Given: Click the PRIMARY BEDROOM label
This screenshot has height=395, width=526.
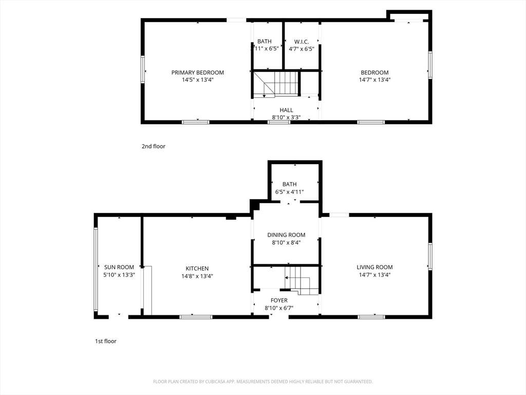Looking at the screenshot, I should point(197,73).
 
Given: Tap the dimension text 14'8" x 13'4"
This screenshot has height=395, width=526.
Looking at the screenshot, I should point(197,276).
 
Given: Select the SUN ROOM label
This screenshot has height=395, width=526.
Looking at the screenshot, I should point(119,267).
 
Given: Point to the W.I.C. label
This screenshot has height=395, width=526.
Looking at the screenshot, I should point(302,42).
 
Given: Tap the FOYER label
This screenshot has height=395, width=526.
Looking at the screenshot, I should point(279,300).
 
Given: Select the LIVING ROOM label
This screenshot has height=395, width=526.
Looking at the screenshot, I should point(374,267).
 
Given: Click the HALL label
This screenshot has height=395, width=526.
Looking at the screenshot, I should point(286,110).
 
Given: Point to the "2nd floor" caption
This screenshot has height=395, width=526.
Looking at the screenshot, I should point(154,146).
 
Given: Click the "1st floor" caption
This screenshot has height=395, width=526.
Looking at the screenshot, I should point(105,341).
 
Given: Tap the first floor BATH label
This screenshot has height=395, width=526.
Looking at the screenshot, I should point(289,184).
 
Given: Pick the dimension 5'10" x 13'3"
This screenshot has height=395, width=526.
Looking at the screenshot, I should point(119,275).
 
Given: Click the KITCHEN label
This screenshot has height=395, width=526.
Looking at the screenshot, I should point(197,268).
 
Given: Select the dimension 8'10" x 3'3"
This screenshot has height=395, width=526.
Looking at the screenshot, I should point(286,117).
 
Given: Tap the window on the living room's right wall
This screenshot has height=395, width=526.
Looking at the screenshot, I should point(430,256).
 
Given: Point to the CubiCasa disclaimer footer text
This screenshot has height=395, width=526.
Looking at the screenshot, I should point(263,382).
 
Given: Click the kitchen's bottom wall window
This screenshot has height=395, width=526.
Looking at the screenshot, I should point(196,317).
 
